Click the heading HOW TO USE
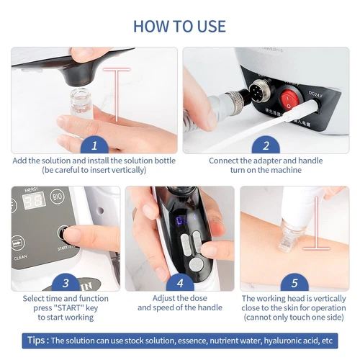179,27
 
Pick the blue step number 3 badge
65,282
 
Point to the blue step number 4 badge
179,282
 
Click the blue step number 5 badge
294,282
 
